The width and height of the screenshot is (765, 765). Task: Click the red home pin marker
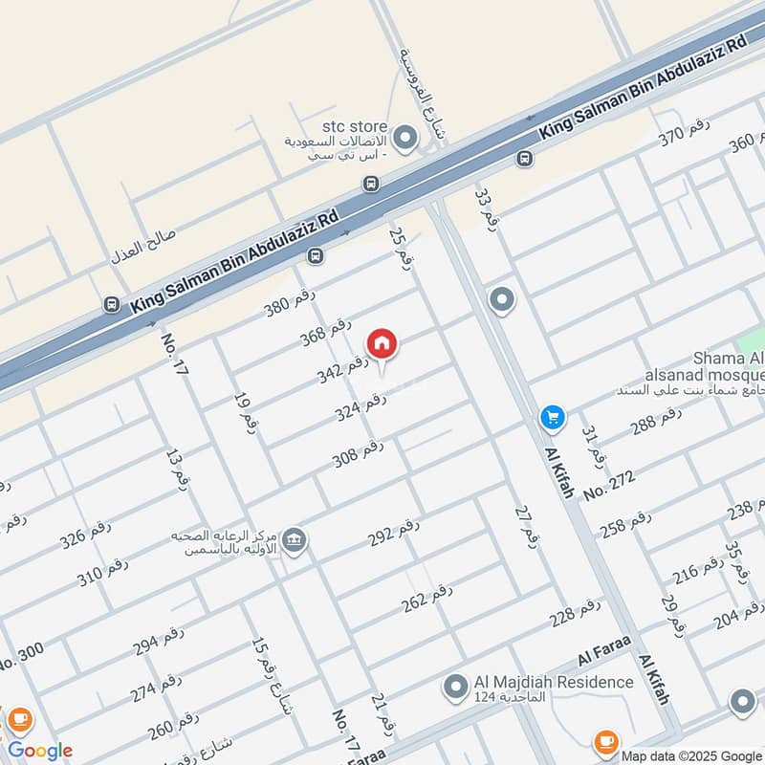point(382,344)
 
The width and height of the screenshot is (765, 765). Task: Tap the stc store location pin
point(404,140)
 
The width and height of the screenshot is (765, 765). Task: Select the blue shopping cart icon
point(551,417)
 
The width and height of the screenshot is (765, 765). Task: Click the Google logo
point(40,750)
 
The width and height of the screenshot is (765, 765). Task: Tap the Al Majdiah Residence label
point(554,682)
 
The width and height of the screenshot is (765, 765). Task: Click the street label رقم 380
point(290,302)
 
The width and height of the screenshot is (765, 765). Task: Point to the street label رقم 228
point(575,613)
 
